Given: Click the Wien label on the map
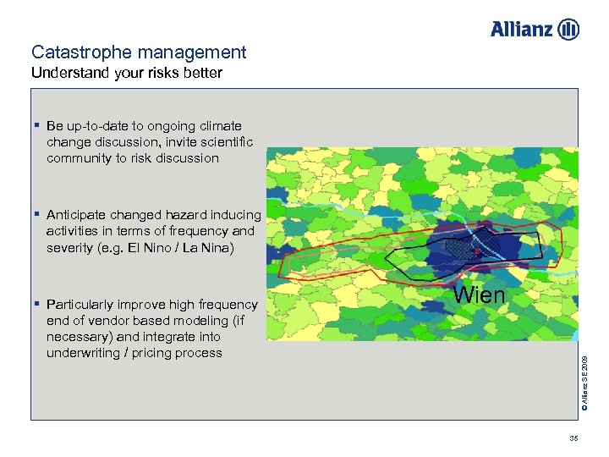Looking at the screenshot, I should pos(480,295).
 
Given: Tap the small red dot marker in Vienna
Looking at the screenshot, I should pos(476,251).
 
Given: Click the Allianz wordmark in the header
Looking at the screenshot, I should pos(521,30).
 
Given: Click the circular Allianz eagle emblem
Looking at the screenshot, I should pos(568,30).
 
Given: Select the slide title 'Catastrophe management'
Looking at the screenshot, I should pos(139,52).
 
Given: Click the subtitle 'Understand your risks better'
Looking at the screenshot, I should pos(127,73).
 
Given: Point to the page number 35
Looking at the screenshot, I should pos(573,438).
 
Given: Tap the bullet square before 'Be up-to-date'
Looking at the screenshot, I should pos(37,125).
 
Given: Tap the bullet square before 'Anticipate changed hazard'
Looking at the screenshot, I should pos(37,214).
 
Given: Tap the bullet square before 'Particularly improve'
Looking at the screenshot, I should pos(37,303).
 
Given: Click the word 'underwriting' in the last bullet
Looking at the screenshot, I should pos(86,353).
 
